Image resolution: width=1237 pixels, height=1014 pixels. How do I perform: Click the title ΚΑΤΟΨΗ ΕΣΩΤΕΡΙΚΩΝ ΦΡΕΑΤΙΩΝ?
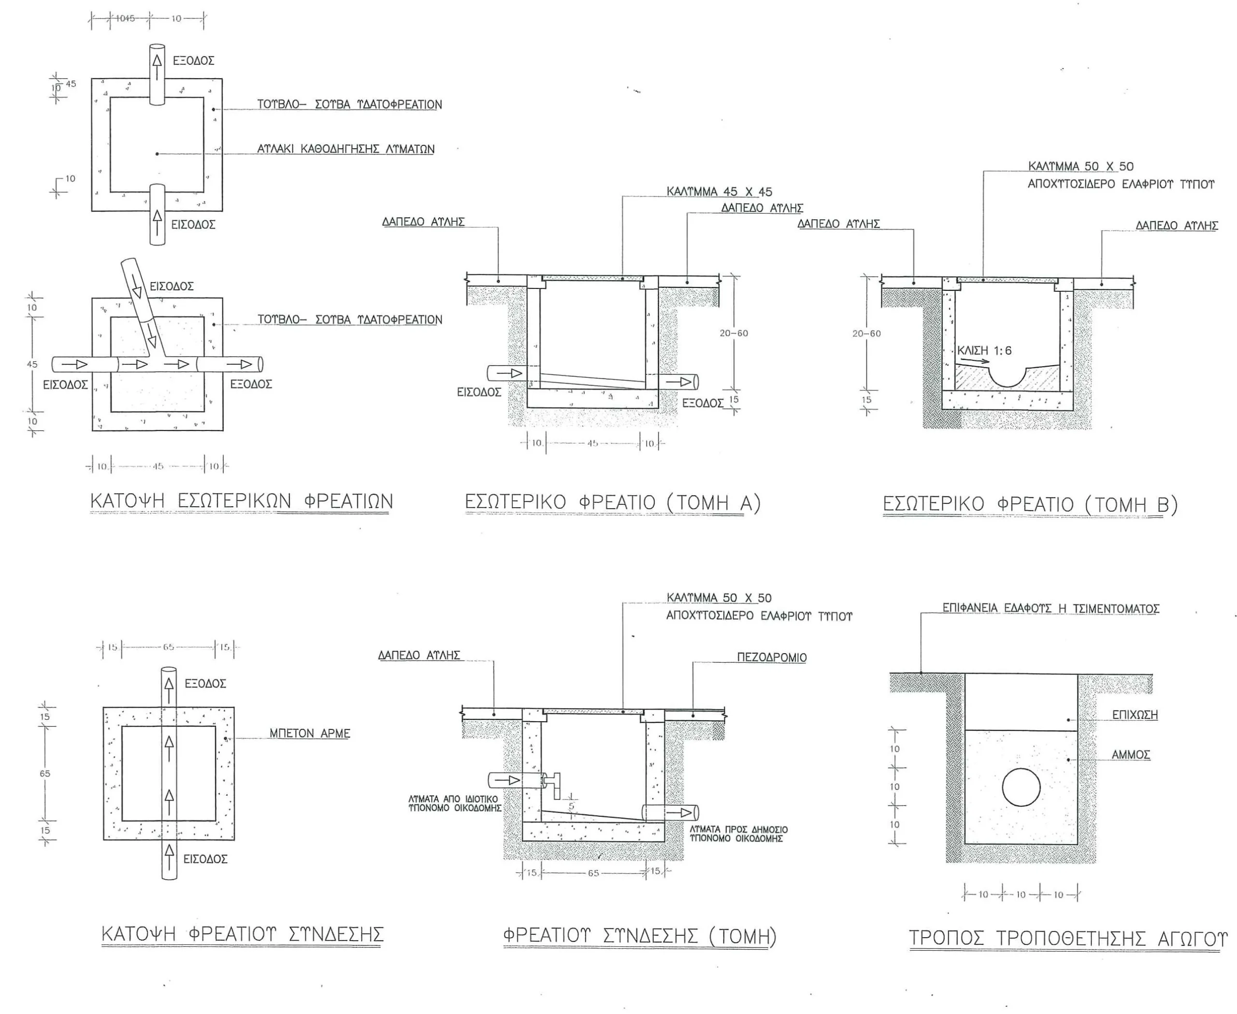241,501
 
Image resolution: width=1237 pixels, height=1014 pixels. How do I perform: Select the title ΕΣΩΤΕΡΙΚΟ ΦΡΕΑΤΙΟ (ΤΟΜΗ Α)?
612,503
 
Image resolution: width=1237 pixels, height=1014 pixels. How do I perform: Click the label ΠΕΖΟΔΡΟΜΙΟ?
771,657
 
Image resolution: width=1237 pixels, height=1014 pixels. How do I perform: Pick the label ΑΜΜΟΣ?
1131,755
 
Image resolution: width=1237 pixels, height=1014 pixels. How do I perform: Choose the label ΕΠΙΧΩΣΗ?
1135,714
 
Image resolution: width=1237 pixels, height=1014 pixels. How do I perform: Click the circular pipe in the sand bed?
1021,787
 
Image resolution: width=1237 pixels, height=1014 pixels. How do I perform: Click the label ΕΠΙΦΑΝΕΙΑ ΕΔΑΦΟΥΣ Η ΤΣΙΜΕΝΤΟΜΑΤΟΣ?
1050,609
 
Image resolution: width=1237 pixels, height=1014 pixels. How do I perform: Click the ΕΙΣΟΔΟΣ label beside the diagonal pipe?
171,286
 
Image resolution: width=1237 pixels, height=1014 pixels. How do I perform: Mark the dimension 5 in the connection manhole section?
571,807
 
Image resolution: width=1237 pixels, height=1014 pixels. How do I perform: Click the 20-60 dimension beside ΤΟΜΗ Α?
734,333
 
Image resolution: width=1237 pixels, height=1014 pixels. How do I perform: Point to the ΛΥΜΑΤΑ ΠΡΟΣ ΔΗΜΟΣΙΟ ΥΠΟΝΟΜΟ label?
739,834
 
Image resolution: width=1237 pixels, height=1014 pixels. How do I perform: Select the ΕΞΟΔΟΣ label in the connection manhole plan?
205,684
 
